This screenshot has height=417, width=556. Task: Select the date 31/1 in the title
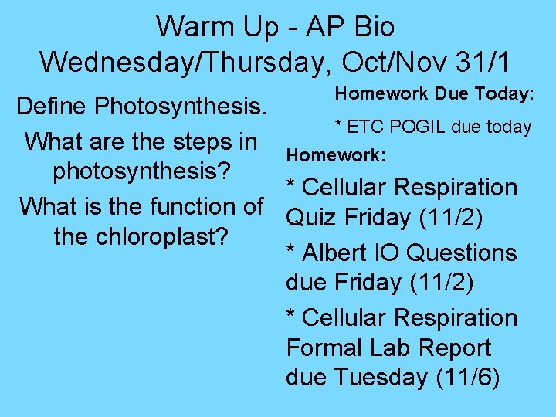[x=486, y=61]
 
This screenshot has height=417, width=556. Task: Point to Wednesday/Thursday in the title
[x=172, y=61]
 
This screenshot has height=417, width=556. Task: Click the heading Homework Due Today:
[x=434, y=93]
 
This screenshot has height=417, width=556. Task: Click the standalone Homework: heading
[x=335, y=154]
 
